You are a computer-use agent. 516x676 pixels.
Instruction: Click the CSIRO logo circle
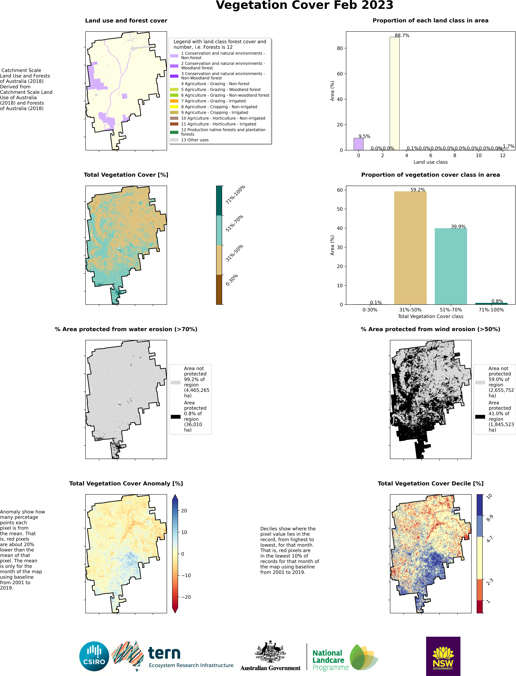94,656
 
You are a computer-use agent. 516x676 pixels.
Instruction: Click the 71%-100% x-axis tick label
491,310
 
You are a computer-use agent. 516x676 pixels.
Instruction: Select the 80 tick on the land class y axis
340,48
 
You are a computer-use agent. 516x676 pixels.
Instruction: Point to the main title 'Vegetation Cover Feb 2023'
304,5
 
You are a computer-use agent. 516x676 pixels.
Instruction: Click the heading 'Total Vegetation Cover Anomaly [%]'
126,483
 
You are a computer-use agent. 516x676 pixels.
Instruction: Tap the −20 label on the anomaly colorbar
186,597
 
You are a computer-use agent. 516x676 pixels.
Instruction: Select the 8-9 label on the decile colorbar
490,518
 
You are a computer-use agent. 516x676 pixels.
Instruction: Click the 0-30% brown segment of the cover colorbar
219,289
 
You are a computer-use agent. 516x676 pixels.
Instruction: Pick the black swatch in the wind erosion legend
480,417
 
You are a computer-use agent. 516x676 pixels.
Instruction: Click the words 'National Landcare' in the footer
328,656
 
